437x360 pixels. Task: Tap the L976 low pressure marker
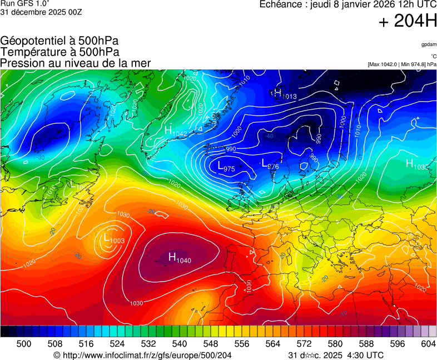[270, 164]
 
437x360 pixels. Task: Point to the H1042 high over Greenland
[176, 131]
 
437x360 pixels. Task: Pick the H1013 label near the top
[285, 94]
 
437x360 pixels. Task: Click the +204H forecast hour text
[408, 22]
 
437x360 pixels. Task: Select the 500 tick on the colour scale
[23, 344]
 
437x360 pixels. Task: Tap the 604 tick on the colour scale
[428, 344]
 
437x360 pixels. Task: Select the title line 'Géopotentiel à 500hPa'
[59, 41]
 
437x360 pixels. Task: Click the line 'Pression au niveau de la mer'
[76, 63]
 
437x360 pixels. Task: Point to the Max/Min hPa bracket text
[401, 64]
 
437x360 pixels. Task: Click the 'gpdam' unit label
[428, 44]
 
